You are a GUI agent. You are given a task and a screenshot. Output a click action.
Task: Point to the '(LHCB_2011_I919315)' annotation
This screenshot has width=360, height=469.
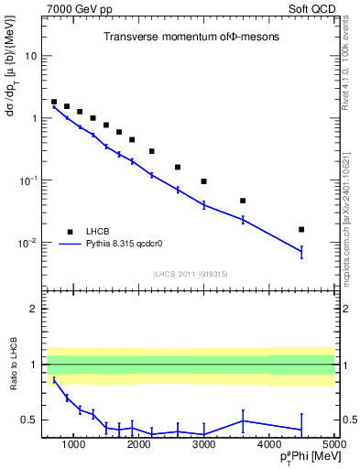[x=191, y=273]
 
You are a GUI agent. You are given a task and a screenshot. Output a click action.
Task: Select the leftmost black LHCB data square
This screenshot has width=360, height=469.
[x=54, y=102]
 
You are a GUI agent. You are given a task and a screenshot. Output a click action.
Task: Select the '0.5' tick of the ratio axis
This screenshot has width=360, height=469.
[x=28, y=420]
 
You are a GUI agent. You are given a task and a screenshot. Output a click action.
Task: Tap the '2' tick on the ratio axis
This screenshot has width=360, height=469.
[x=33, y=309]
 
